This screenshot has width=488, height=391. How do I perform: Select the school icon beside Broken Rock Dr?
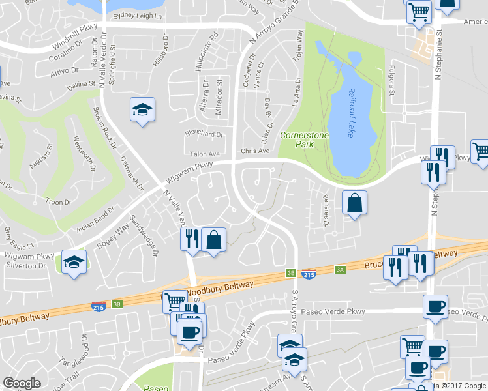point(142,110)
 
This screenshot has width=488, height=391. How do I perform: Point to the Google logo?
point(22,383)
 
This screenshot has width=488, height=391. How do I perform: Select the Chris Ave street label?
point(255,151)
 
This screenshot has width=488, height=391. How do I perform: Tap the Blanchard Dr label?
point(204,135)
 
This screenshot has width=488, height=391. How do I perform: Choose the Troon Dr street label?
point(58,203)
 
